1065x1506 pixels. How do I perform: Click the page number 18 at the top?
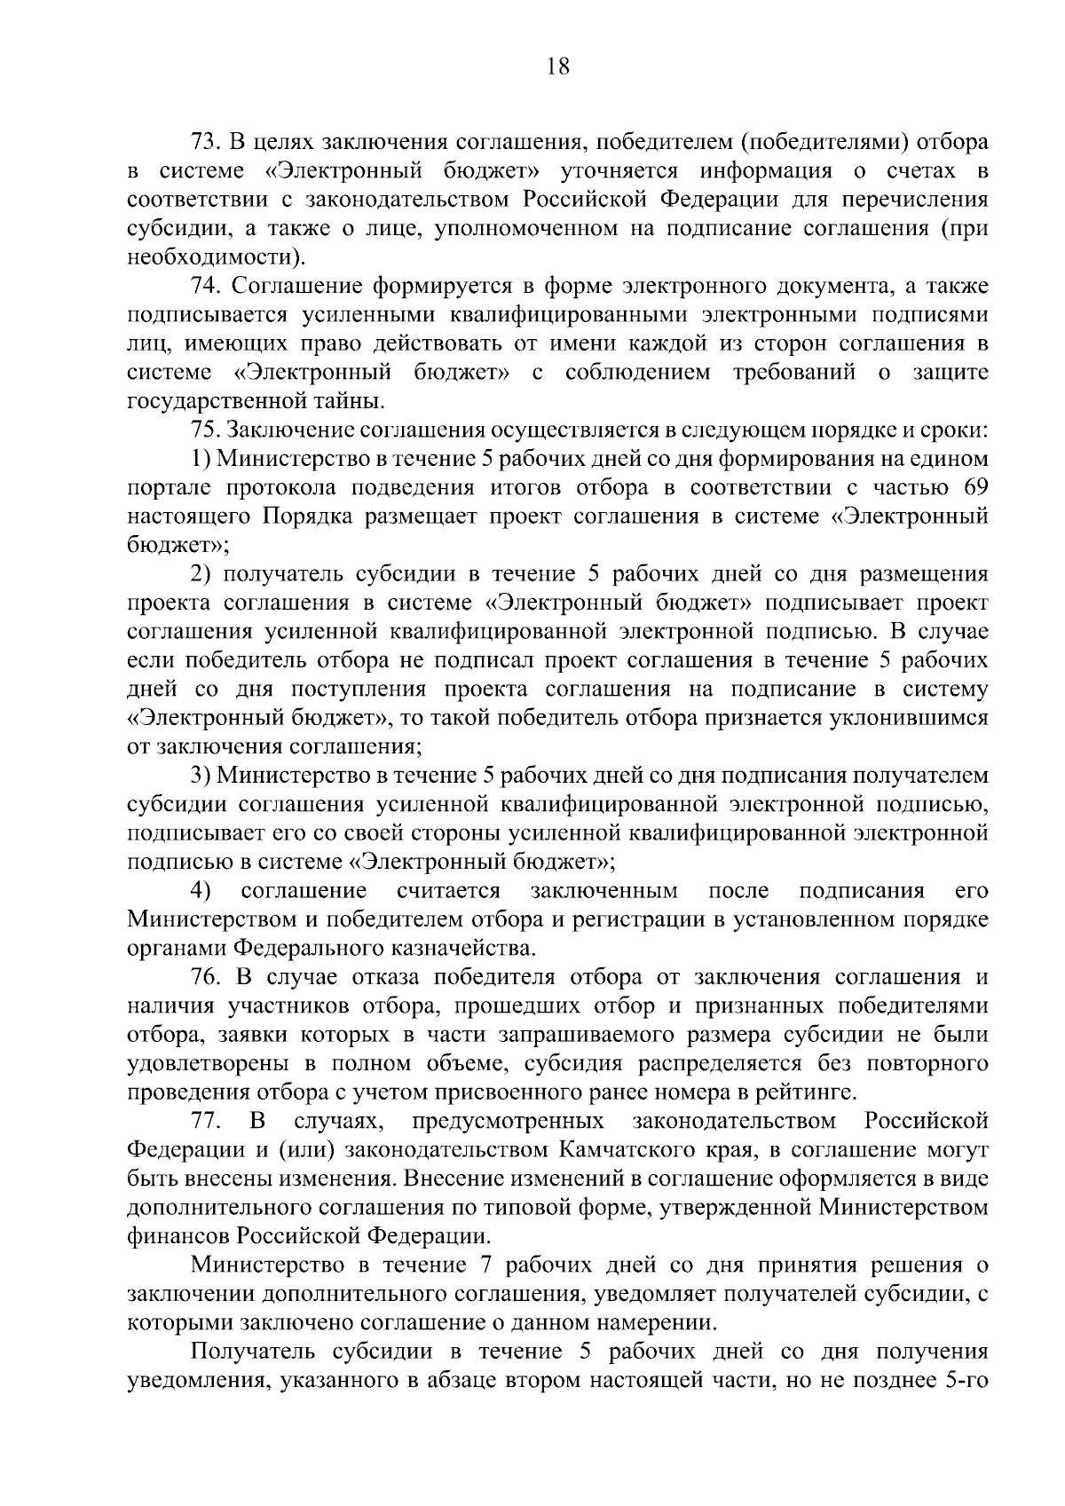(x=558, y=67)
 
